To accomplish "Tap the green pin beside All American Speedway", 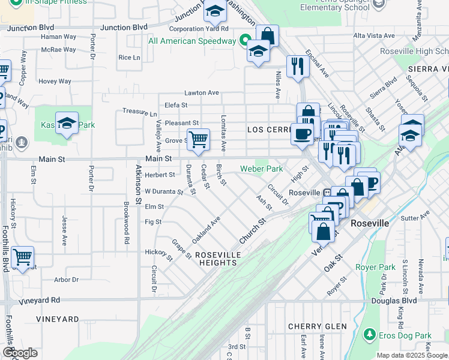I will (244, 41).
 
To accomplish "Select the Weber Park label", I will (261, 169).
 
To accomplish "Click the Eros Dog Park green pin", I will (369, 335).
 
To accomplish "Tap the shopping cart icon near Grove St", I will (198, 140).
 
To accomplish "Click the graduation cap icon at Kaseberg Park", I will (67, 124).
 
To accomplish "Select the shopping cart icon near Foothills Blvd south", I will (23, 257).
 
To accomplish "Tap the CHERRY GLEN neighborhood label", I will (317, 326).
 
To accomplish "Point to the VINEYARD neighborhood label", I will (58, 319).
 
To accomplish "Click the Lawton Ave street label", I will (201, 93).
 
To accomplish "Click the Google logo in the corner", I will (20, 353).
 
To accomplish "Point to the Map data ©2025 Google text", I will (412, 355).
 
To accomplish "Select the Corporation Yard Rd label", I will (199, 28).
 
